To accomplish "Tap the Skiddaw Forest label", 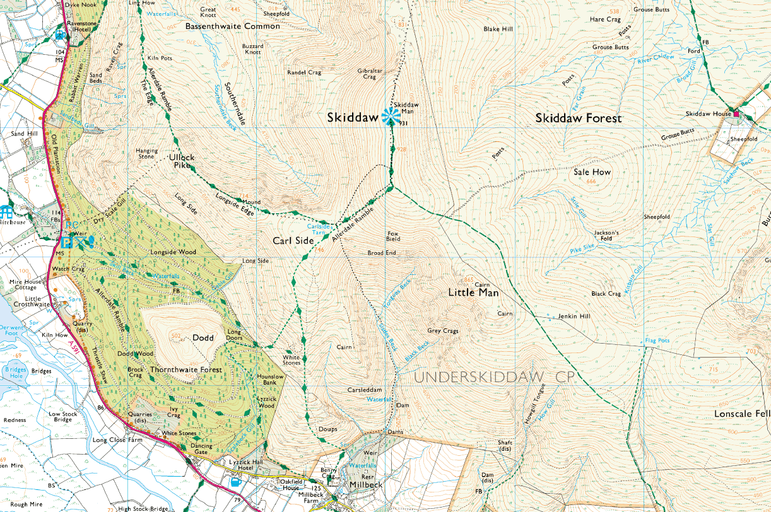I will click(579, 118).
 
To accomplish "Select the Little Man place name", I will click(473, 293).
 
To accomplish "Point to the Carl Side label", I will click(293, 241).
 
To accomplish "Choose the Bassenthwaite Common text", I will click(233, 26).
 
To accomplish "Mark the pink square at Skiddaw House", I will click(736, 113).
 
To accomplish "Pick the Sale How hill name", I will click(592, 172).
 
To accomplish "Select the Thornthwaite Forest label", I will click(186, 369).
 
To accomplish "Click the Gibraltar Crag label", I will click(370, 74).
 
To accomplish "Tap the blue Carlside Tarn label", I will click(319, 228).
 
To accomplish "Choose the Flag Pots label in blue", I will click(657, 340).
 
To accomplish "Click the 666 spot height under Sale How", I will click(591, 182).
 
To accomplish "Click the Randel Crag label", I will click(304, 73).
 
